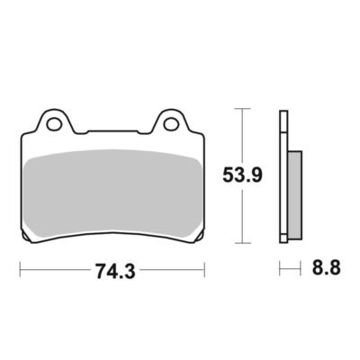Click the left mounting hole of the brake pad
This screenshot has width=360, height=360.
coord(54,124)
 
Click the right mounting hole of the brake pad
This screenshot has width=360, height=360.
coord(170,124)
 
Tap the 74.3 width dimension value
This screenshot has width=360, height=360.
coord(115,272)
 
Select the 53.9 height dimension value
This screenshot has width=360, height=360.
coord(242,175)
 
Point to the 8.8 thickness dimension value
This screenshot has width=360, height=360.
coord(327,268)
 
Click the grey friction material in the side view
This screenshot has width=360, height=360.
coord(294,195)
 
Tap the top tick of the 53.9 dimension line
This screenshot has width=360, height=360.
coord(242,108)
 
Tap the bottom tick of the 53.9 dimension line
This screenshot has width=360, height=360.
coord(242,243)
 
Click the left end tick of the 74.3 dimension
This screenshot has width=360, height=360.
coord(20,270)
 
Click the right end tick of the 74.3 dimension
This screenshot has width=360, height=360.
coord(204,270)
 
